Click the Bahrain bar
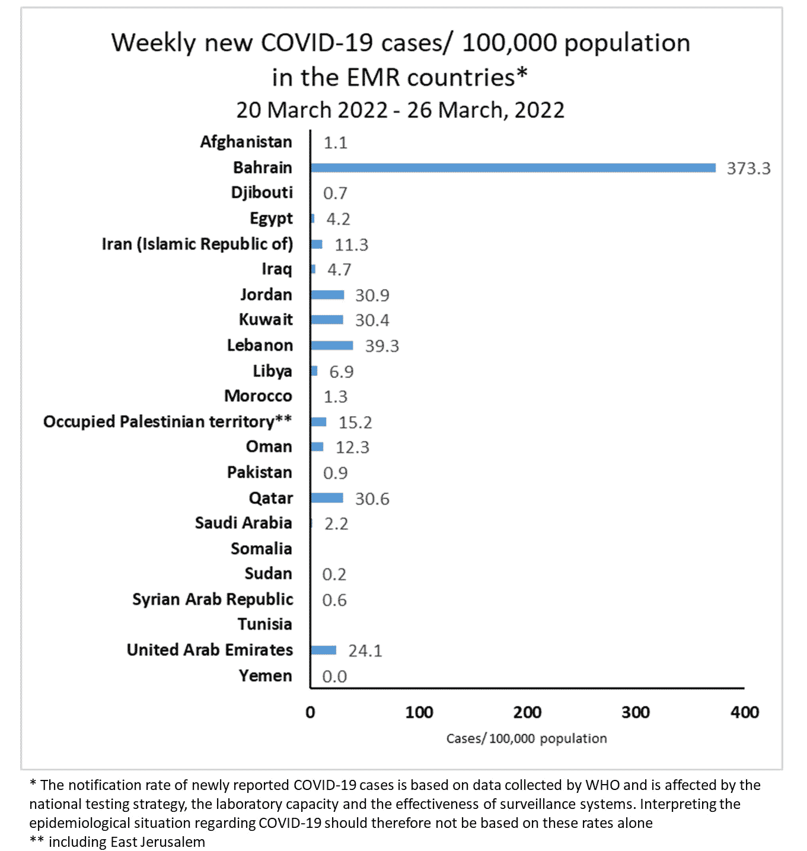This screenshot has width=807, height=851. tap(513, 168)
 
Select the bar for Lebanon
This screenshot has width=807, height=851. tap(331, 345)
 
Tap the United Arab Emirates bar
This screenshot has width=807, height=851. tap(323, 650)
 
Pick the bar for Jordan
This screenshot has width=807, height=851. tap(327, 295)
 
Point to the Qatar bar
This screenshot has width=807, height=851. tap(327, 498)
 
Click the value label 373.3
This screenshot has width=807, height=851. tap(748, 168)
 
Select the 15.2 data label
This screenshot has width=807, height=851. tap(355, 423)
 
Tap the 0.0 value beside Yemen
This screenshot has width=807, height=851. tap(334, 676)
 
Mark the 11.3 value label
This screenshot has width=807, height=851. tap(351, 245)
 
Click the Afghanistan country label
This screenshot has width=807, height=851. tap(246, 142)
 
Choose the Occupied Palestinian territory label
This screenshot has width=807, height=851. tap(167, 421)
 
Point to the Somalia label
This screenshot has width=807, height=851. tap(261, 549)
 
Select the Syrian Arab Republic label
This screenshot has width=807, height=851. tap(212, 599)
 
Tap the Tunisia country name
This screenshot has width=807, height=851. tap(264, 624)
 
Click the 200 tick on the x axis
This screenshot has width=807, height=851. tap(527, 712)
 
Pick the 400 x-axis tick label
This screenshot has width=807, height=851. tap(744, 712)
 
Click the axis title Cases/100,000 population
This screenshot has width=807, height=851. tap(527, 738)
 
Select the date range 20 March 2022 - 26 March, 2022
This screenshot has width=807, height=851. tap(400, 110)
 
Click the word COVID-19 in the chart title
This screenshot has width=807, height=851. tap(317, 43)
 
